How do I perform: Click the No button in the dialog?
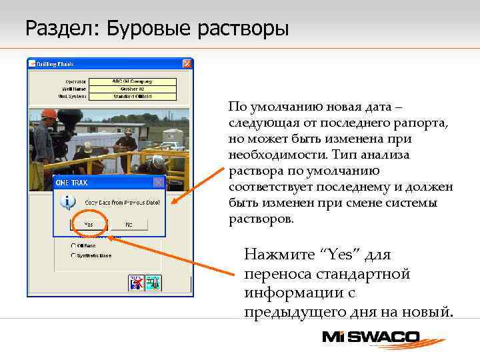[x=128, y=225]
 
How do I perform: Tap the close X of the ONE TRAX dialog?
[x=158, y=182]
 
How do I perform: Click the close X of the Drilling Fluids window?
[x=187, y=64]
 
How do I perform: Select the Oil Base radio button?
[x=72, y=245]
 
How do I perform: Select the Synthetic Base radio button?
[x=72, y=255]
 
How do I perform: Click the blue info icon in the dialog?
[x=66, y=200]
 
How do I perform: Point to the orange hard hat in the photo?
[x=49, y=114]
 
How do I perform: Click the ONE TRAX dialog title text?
[x=71, y=182]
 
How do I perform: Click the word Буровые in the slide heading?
[x=136, y=29]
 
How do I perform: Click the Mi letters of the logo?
[x=339, y=337]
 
